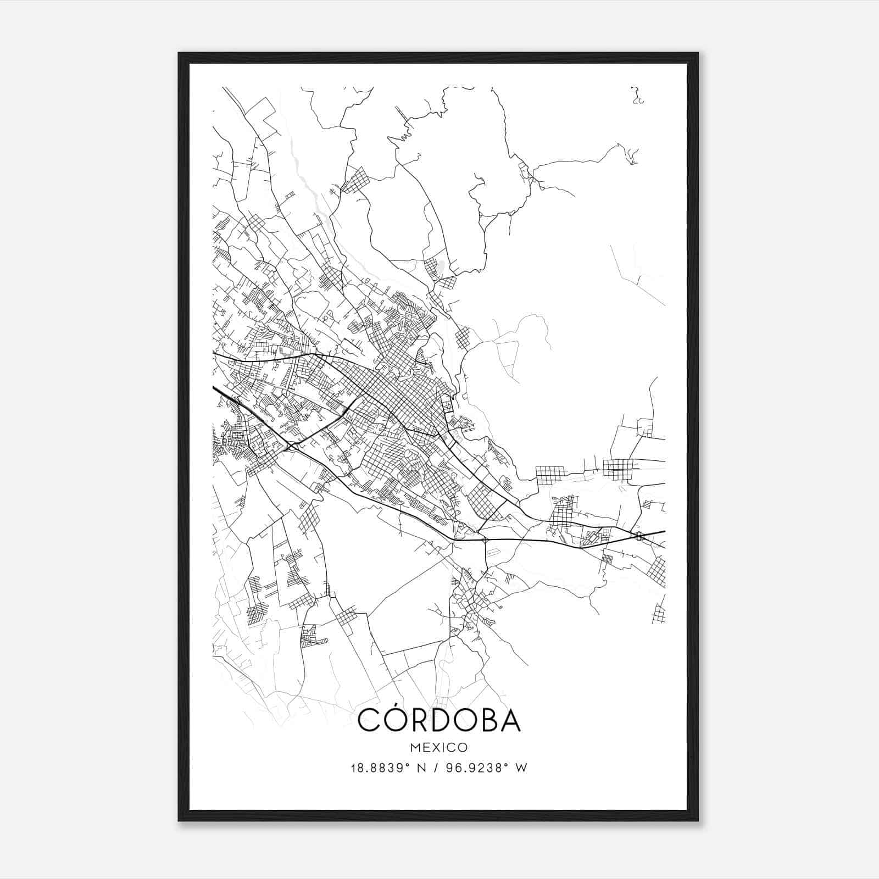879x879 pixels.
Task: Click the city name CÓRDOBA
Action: tap(439, 720)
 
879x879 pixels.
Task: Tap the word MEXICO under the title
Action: tap(439, 747)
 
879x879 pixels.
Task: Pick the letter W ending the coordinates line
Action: tap(522, 768)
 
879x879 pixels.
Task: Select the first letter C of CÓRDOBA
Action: tap(369, 721)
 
